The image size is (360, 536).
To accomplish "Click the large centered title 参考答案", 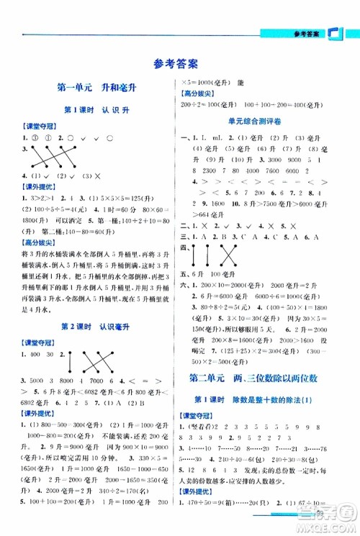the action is [180, 64].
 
